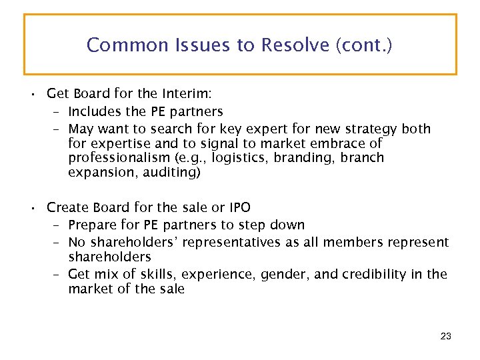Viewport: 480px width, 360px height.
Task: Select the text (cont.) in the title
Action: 365,45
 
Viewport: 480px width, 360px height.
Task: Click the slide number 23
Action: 446,337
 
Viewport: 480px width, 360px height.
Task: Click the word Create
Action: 67,207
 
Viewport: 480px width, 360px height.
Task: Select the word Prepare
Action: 93,225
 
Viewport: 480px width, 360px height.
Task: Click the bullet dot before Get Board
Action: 33,94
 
